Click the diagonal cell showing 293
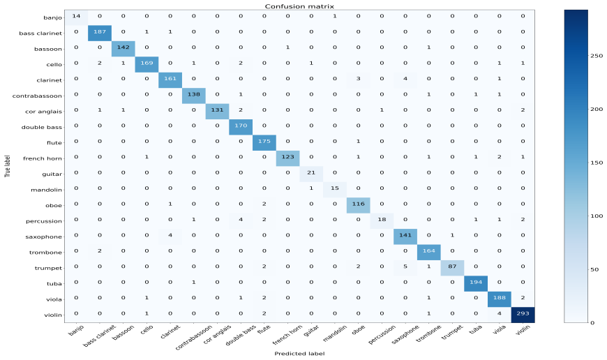pos(523,315)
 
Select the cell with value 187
pos(100,33)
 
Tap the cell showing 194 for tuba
pos(476,283)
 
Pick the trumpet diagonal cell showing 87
pos(453,268)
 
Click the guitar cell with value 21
pos(311,174)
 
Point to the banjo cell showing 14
pos(76,17)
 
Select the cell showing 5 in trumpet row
pos(405,268)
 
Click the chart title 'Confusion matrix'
pos(299,6)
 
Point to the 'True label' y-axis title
pos(8,166)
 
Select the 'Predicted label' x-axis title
pos(299,354)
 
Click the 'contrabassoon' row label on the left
pos(37,96)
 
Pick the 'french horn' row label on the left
pos(42,158)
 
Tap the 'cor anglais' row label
pos(43,112)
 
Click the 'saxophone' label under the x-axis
pos(405,334)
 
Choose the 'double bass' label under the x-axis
pos(241,335)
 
